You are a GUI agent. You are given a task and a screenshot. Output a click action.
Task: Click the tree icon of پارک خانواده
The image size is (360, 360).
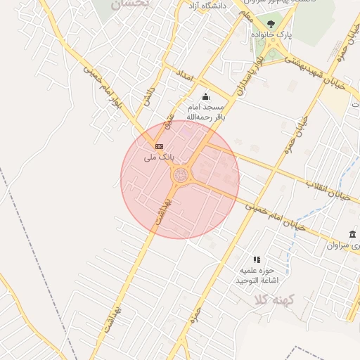[271, 25]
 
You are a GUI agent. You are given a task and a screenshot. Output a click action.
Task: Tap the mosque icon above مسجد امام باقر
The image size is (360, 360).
[205, 96]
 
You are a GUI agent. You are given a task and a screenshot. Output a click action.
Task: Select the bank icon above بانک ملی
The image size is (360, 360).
[159, 146]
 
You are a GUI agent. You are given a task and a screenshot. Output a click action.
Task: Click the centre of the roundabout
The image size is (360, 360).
[180, 175]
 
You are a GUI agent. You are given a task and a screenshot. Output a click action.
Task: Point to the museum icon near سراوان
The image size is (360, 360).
[352, 234]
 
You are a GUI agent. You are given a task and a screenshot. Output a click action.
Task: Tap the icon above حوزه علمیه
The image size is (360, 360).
[257, 259]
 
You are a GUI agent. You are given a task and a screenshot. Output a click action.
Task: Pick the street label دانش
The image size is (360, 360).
[148, 96]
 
